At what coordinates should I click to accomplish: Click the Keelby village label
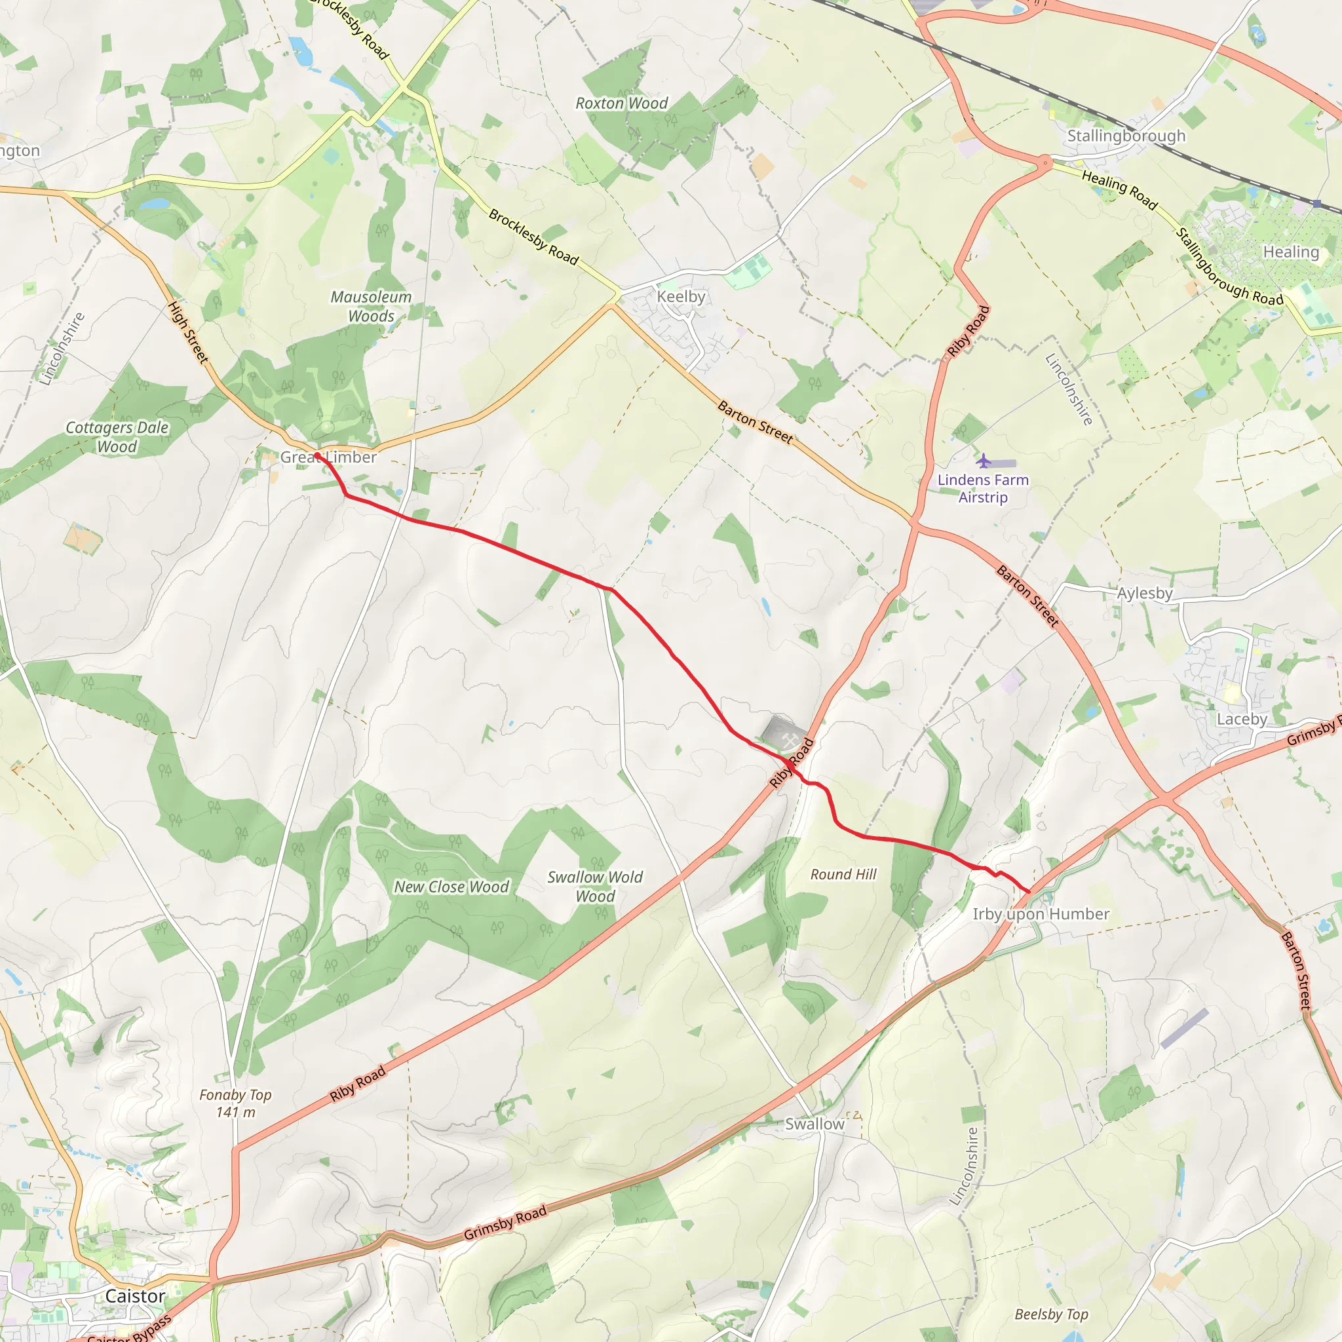pos(681,297)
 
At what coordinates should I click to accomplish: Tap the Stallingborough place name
pos(1126,136)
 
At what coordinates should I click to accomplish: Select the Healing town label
pos(1291,252)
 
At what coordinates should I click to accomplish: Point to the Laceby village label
pos(1242,719)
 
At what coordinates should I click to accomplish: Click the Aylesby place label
pos(1145,593)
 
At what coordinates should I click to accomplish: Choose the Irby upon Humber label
pos(1041,914)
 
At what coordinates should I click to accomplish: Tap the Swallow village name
pos(815,1124)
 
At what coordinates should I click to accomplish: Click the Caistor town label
pos(136,1296)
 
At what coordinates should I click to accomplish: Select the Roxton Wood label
pos(622,104)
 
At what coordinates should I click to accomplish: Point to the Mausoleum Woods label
pos(371,306)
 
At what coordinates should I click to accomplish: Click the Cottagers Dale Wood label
pos(117,437)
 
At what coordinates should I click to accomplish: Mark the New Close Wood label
pos(451,887)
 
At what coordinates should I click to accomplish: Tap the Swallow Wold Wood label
pos(595,887)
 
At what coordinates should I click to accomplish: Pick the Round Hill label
pos(843,875)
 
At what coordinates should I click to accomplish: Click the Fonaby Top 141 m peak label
pos(235,1103)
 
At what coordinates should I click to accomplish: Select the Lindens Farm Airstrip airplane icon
pos(984,461)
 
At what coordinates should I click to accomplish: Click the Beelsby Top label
pos(1052,1314)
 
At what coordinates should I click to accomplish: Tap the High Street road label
pos(188,332)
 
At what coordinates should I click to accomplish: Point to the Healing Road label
pos(1120,190)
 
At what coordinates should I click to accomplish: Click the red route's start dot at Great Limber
pos(316,455)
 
